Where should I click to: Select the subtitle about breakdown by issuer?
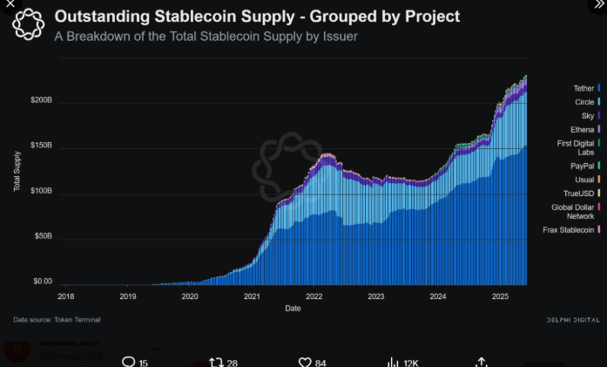click(206, 37)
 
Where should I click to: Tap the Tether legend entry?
click(583, 88)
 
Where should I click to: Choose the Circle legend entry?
click(584, 102)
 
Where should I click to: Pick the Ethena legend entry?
click(582, 129)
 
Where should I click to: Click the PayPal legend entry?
click(583, 165)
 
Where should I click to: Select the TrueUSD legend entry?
click(580, 193)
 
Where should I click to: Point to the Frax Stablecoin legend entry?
click(568, 229)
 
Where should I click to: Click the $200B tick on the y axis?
click(41, 101)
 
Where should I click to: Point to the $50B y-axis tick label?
click(43, 236)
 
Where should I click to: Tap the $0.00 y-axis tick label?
click(43, 282)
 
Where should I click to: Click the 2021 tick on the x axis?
click(253, 296)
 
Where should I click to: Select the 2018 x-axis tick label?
click(65, 296)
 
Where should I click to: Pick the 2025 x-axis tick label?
click(500, 296)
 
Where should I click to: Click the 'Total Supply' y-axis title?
click(17, 172)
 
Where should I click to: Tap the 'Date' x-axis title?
click(293, 308)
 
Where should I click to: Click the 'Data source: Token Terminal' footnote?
click(54, 320)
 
